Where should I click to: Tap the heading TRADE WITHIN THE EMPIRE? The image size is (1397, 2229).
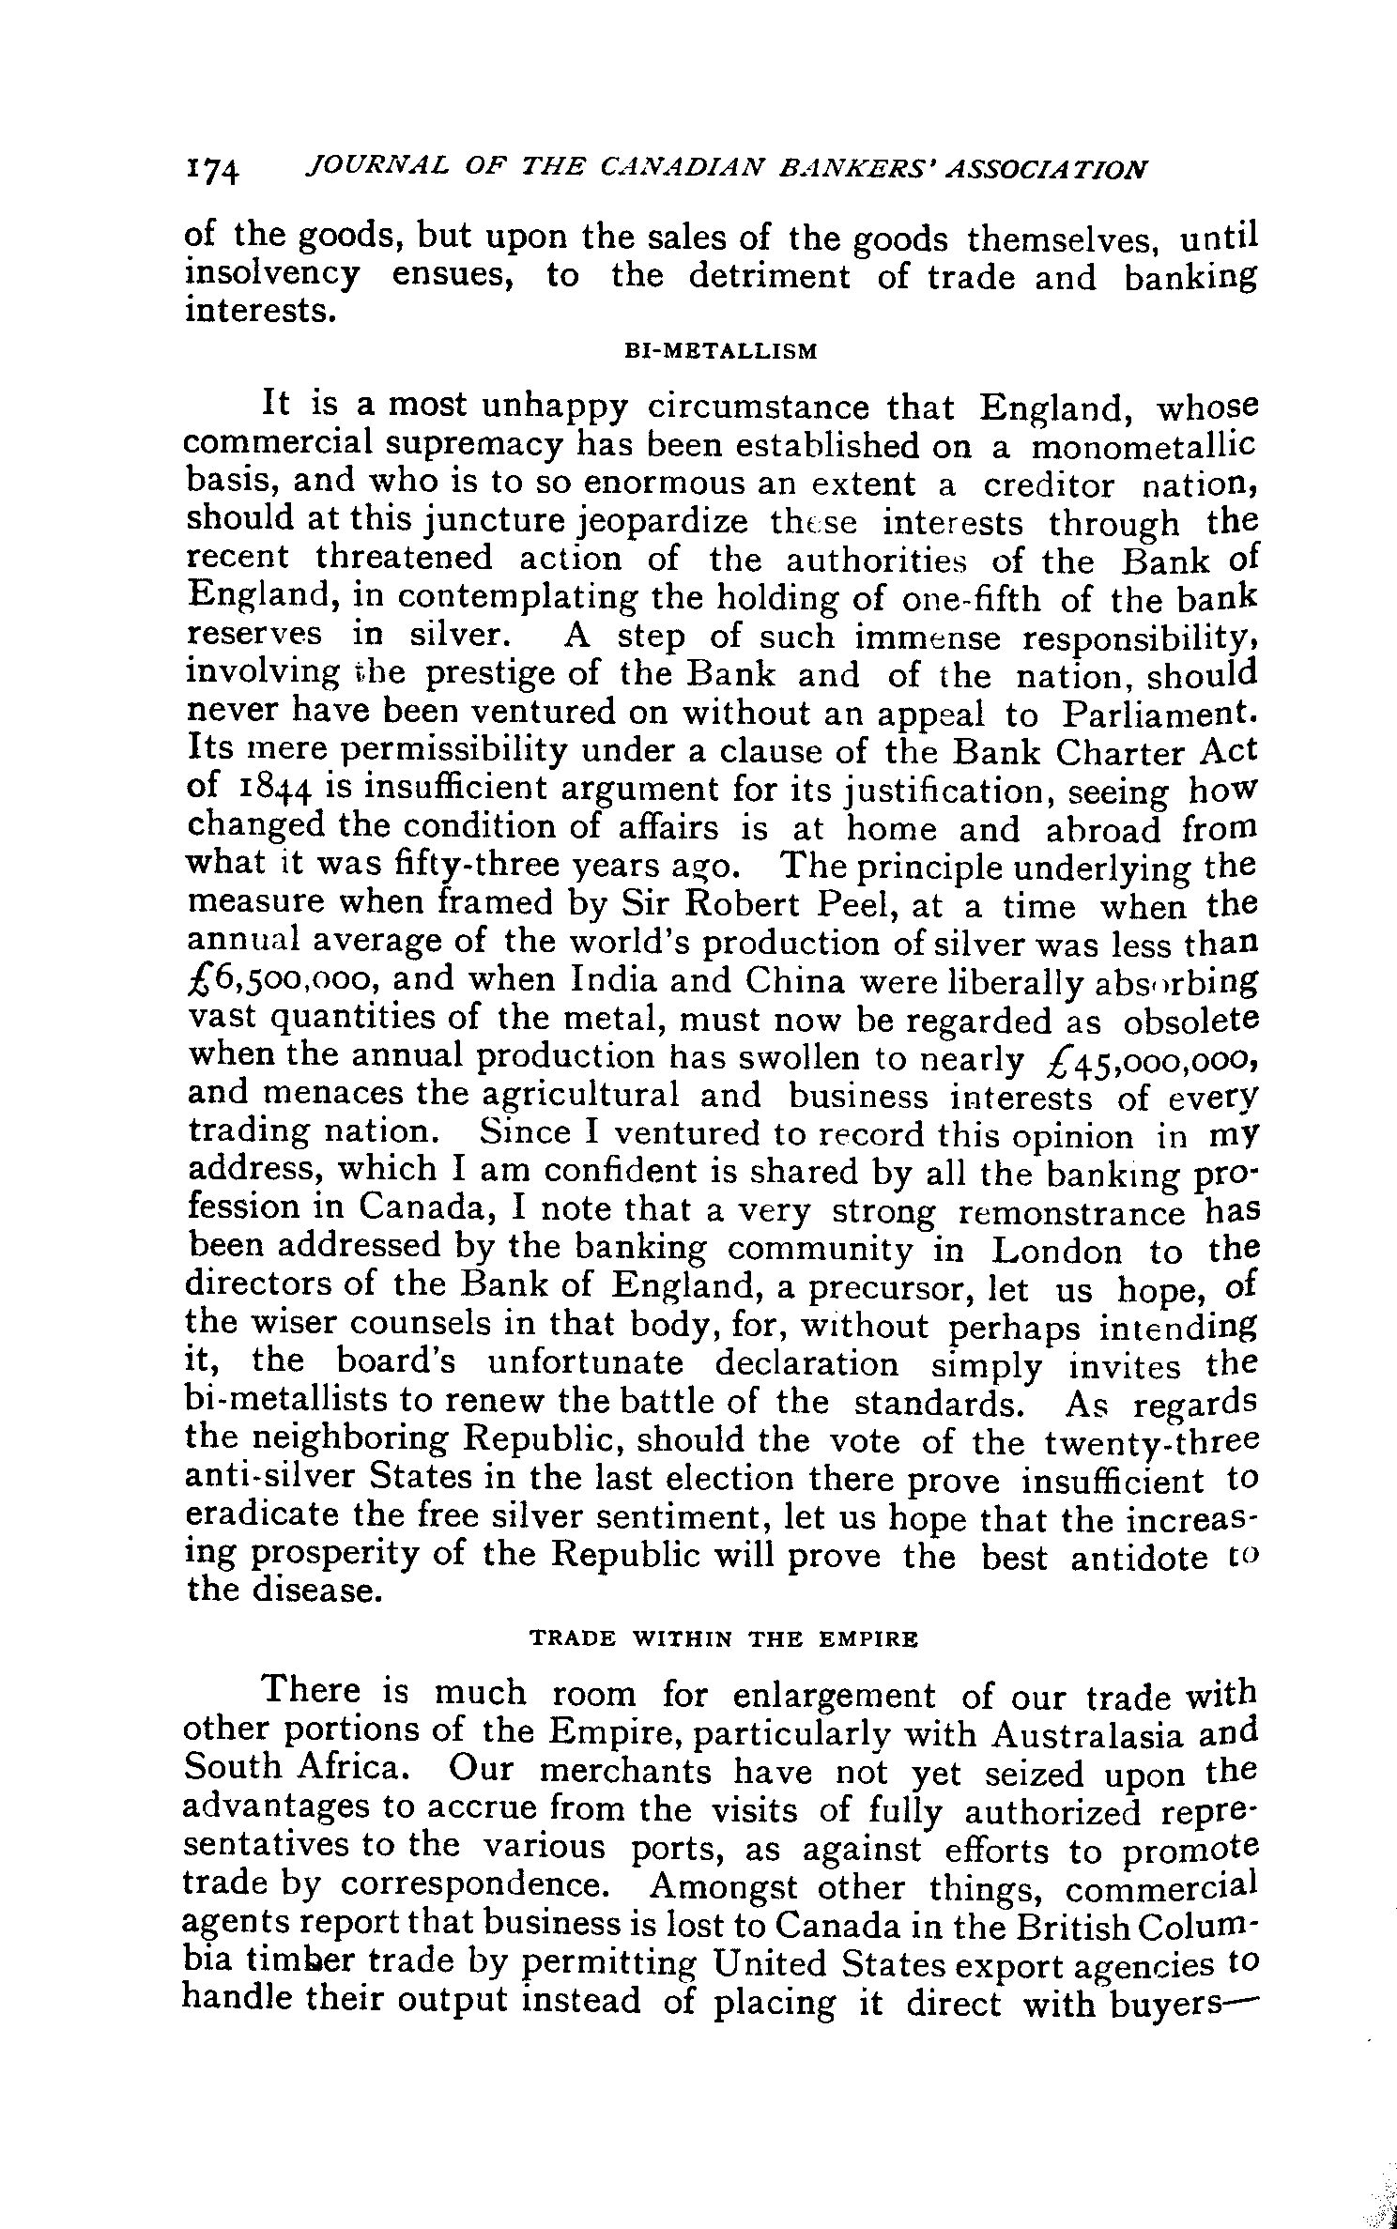[723, 1638]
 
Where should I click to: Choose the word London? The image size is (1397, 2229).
[1056, 1251]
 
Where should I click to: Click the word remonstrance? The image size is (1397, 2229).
[1071, 1212]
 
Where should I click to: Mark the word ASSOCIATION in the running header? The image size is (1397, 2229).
[1038, 170]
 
